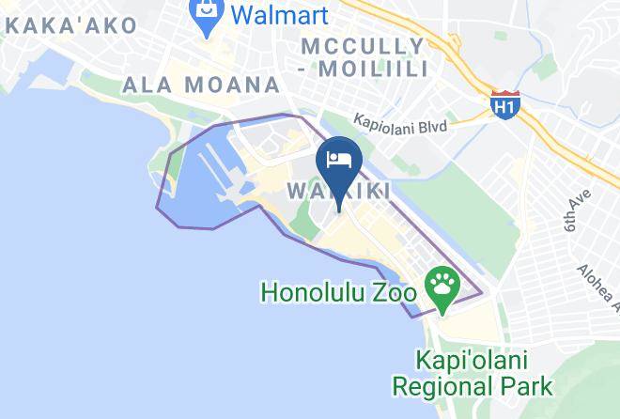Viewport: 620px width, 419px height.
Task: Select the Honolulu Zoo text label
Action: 338,291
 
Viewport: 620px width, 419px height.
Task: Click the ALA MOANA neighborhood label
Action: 202,85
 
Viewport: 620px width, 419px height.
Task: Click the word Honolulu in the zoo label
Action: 315,291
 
